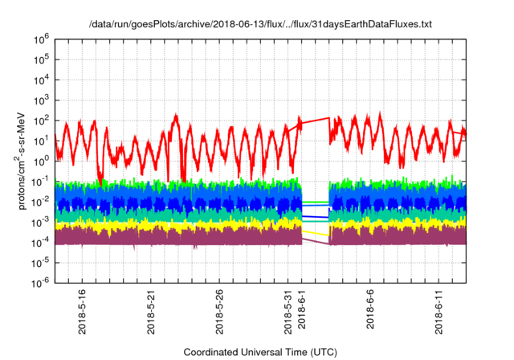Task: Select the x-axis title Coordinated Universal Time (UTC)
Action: click(264, 352)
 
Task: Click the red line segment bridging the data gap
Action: click(316, 121)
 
